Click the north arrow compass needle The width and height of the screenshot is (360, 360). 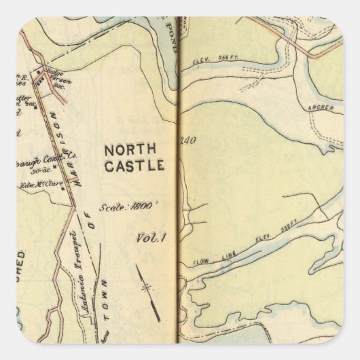[145, 287]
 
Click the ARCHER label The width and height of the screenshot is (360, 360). [318, 107]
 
